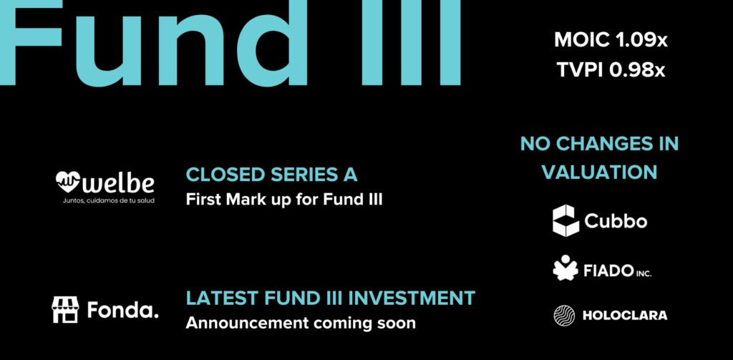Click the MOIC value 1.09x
coord(641,40)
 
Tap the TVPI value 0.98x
coord(639,71)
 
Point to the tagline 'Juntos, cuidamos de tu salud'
coord(109,201)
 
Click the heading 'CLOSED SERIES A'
coord(271,175)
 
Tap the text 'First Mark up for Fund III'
coord(284,200)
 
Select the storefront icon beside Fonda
coord(65,309)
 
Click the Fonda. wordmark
coord(123,310)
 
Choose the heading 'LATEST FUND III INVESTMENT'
coord(331,298)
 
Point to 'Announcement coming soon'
coord(301,323)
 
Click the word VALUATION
coord(600,172)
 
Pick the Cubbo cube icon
coord(566,220)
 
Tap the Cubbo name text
coord(616,220)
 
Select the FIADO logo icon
coord(565,268)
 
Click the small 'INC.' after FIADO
coord(644,273)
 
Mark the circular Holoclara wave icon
coord(564,316)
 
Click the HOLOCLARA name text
coord(625,316)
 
